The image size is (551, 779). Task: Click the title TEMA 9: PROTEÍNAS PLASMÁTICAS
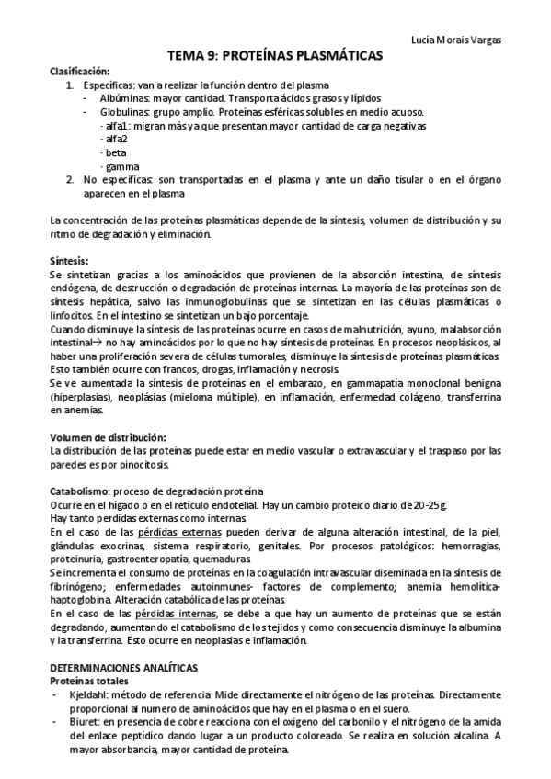tap(276, 56)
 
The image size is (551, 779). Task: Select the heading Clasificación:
tap(79, 71)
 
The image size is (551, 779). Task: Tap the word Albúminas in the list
tap(121, 97)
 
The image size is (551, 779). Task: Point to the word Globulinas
tap(121, 111)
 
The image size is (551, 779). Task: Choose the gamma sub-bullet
tap(120, 166)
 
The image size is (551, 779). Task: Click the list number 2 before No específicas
tap(70, 180)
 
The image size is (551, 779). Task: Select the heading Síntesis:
tap(69, 260)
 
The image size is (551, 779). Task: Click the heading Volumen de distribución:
tap(108, 436)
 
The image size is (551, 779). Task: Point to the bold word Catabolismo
tap(79, 491)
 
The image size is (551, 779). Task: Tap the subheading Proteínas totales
tap(88, 681)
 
